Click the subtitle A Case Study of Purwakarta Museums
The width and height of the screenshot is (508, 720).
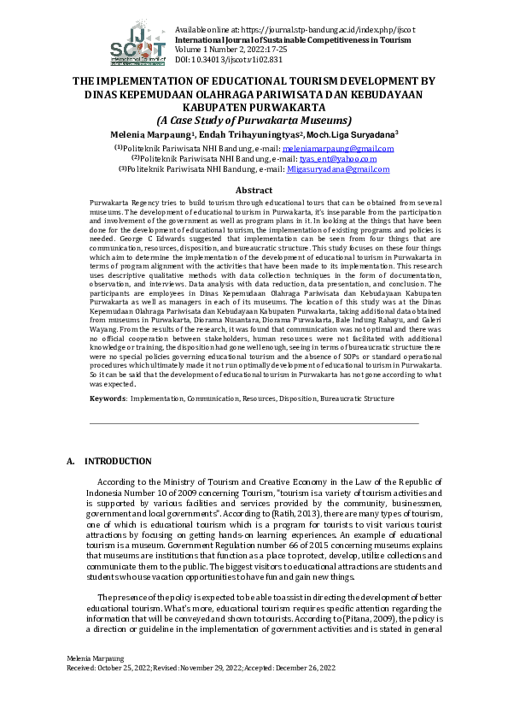click(254, 121)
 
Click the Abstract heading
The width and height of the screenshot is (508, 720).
click(254, 190)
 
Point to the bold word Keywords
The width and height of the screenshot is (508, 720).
click(108, 398)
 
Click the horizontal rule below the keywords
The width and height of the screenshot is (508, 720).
click(254, 422)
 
